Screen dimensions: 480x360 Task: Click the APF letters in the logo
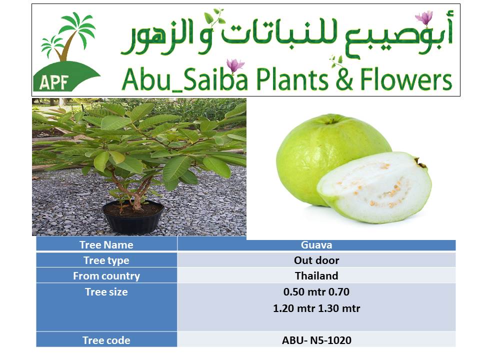coord(54,82)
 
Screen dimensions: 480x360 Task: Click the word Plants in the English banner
coord(292,79)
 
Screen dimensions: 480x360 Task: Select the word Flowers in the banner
coord(406,79)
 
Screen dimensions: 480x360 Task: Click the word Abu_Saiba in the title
coord(184,80)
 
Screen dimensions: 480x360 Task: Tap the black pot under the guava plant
coord(133,216)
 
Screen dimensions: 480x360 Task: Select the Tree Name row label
coord(106,245)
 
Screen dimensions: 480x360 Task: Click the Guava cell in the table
coord(316,245)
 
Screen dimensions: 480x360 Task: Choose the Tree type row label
coord(106,260)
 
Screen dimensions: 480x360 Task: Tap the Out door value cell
coord(316,260)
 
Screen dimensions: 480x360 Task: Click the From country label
coord(106,276)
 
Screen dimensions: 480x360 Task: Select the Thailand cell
coord(316,276)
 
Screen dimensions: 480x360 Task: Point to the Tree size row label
coord(106,292)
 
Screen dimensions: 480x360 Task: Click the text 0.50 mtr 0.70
coord(316,292)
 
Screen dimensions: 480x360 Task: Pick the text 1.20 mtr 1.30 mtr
coord(316,308)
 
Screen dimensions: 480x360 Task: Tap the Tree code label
coord(106,340)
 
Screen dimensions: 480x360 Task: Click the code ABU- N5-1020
coord(316,340)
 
